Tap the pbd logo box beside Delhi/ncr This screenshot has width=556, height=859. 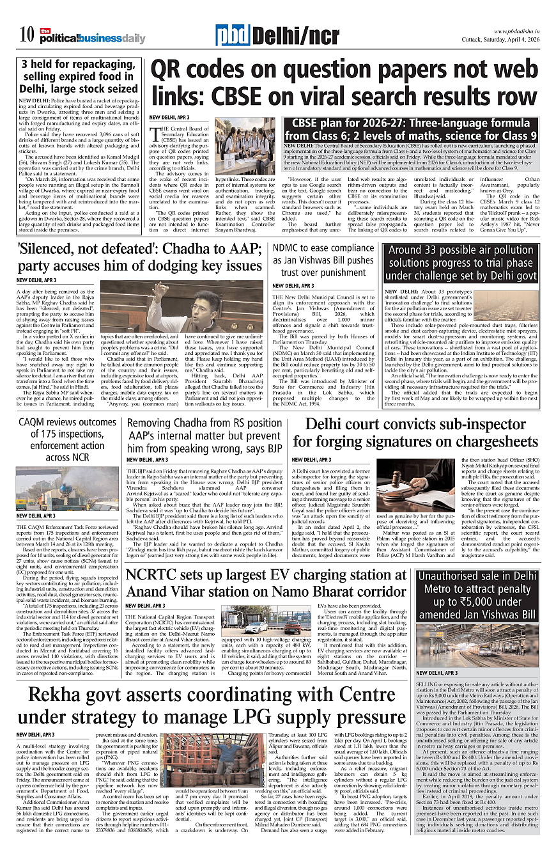tap(232, 36)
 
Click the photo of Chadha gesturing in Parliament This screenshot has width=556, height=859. tap(182, 306)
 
